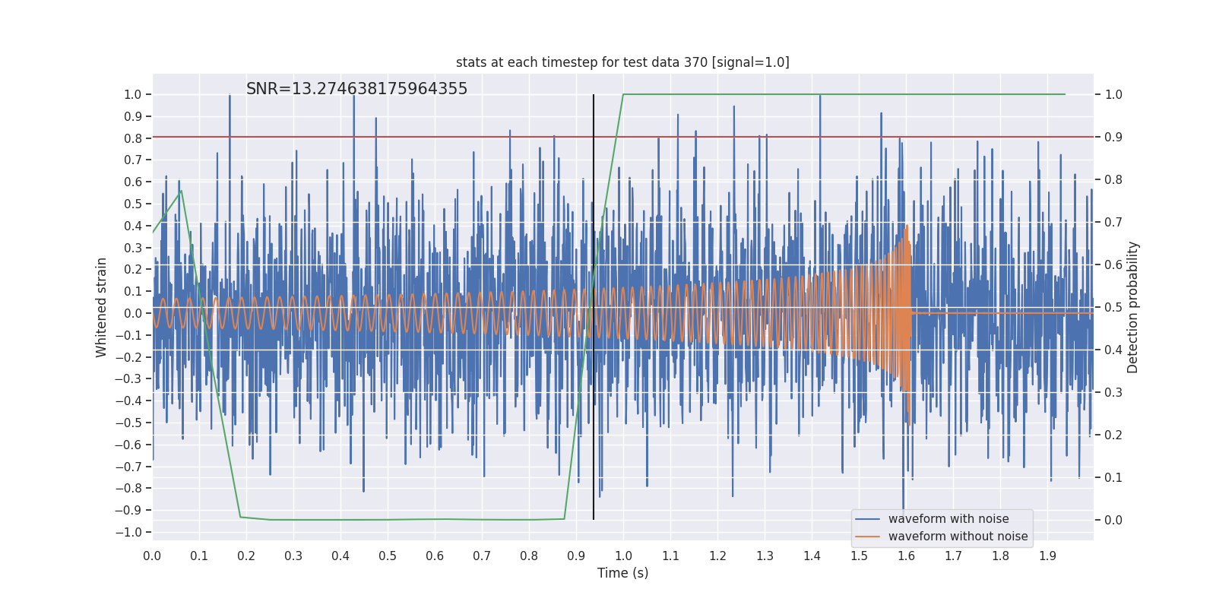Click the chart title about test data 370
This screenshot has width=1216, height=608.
[x=622, y=62]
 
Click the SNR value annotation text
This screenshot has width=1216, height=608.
[x=356, y=89]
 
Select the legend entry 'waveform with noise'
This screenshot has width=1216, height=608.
[x=948, y=519]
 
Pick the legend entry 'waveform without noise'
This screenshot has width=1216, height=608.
[x=958, y=537]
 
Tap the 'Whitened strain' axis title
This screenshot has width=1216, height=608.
[x=102, y=307]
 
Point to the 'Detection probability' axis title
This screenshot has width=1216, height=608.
[x=1133, y=307]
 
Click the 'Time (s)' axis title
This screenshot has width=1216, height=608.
[x=622, y=573]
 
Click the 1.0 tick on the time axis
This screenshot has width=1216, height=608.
[x=623, y=556]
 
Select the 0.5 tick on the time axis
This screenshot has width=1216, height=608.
[x=388, y=556]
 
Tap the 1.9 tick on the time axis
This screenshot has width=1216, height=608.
[x=1047, y=556]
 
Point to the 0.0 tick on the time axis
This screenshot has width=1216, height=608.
[x=152, y=556]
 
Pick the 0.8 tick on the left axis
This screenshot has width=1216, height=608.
[x=133, y=138]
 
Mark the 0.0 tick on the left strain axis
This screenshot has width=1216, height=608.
[x=133, y=313]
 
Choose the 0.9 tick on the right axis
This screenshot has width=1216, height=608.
[x=1113, y=137]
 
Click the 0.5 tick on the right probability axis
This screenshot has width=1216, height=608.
[x=1113, y=307]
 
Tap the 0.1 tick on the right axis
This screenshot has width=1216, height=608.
[x=1113, y=477]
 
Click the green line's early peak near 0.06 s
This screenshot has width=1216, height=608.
[x=180, y=191]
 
